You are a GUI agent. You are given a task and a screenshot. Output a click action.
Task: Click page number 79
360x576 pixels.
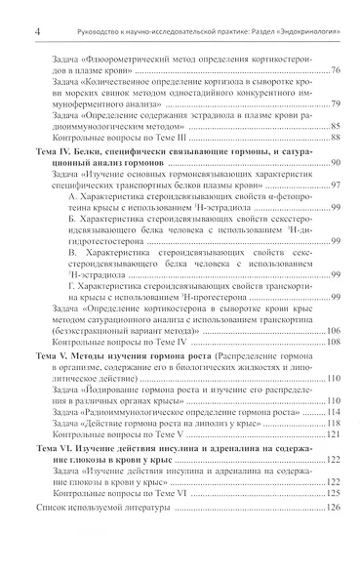click(335, 103)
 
